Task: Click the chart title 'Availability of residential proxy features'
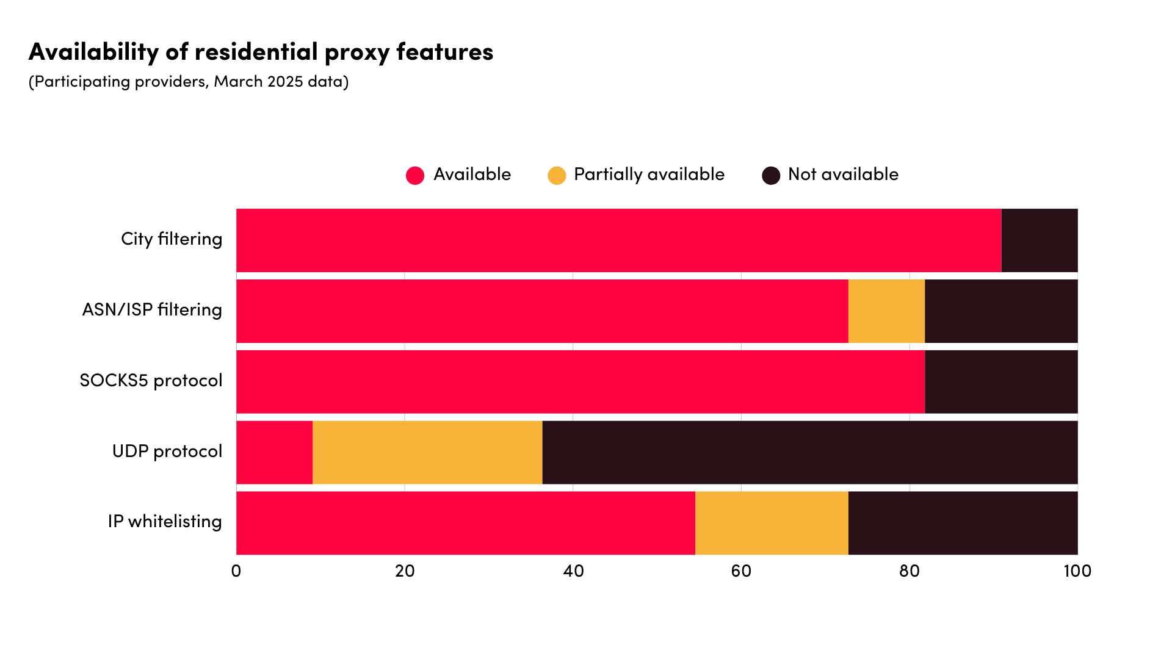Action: point(261,52)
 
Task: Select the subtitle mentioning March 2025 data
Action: point(189,82)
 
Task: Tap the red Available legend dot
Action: point(415,176)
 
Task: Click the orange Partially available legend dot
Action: point(557,176)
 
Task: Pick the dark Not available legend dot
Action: point(771,176)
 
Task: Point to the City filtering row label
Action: point(172,239)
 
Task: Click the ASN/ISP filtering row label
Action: point(152,310)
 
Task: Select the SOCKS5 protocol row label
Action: point(151,381)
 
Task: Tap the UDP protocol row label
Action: point(167,452)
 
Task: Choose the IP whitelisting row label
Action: point(165,522)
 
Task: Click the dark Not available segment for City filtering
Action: point(1040,240)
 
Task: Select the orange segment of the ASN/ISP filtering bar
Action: point(886,311)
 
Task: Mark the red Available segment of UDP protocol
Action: point(274,452)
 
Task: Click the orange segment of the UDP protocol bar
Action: point(427,452)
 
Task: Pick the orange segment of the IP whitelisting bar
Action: point(772,523)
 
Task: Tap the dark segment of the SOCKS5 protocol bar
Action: point(1001,382)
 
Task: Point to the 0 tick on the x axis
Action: point(236,571)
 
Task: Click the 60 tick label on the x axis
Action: point(741,571)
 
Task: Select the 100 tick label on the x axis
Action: point(1077,571)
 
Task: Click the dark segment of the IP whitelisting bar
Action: point(963,523)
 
